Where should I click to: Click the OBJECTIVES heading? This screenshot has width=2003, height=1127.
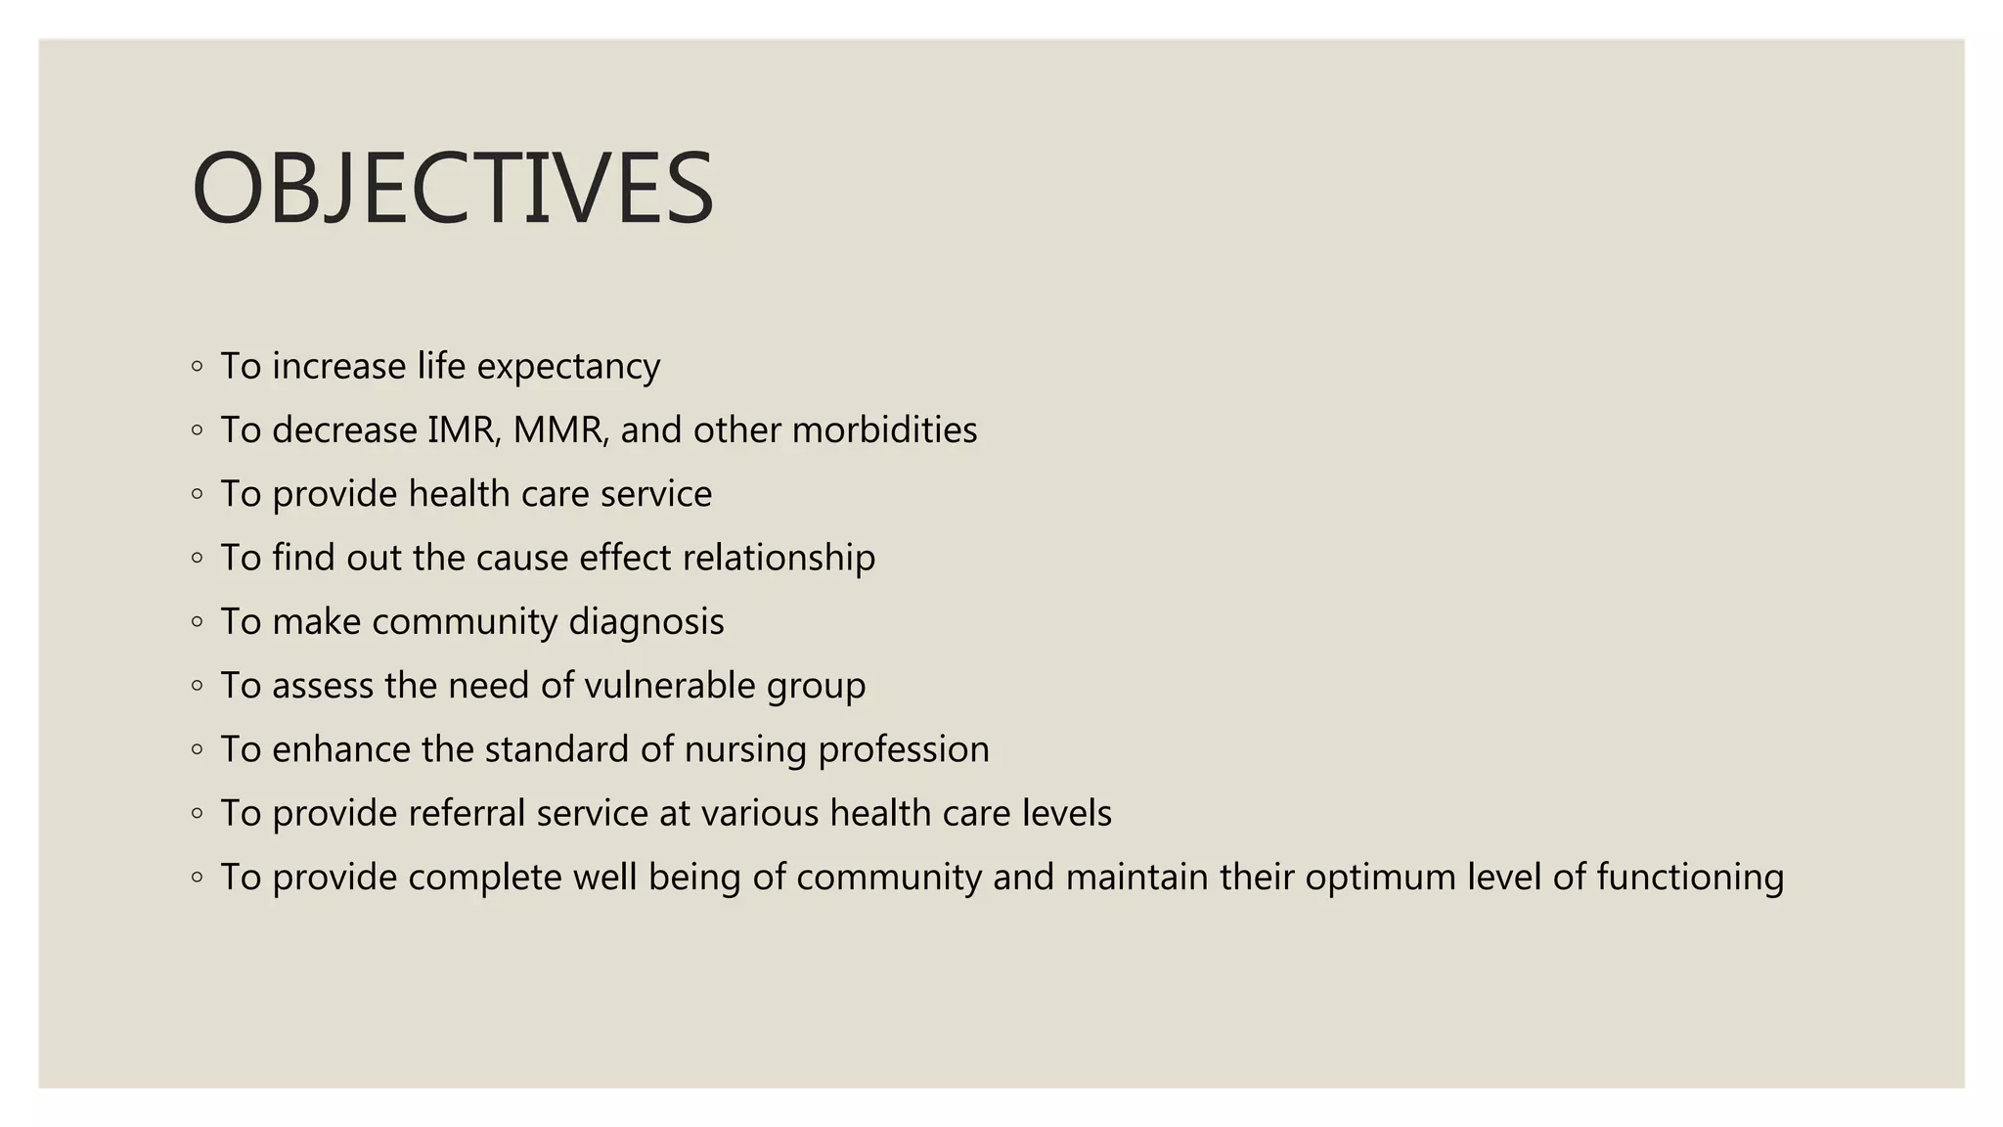[453, 188]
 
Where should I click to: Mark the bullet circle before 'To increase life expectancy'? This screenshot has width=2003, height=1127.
[198, 367]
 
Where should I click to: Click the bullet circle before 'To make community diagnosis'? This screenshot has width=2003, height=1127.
[198, 622]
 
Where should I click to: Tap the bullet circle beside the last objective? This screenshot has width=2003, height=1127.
[198, 878]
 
